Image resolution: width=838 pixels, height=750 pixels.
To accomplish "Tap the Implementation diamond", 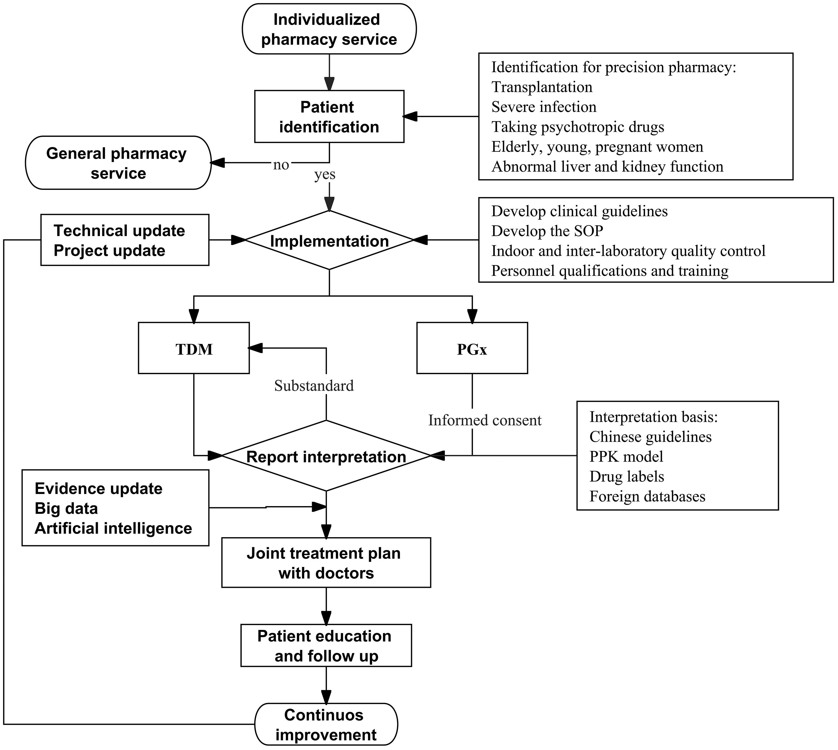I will (x=329, y=241).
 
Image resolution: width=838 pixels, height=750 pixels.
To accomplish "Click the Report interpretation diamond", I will (x=326, y=456).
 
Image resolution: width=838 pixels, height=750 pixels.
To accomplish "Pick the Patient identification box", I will (x=329, y=117).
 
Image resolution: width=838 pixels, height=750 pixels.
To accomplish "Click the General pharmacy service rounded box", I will (x=118, y=163).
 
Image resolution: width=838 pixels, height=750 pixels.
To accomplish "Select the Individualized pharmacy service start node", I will (x=329, y=29).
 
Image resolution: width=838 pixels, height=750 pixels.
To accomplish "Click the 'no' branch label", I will (x=281, y=165).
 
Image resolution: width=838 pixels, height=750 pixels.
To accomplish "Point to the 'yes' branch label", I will (x=325, y=174).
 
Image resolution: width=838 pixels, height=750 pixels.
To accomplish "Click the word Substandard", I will (x=314, y=386).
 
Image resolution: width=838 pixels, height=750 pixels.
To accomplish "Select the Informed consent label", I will (x=484, y=420).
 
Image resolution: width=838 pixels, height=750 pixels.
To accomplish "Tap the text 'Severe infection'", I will (x=544, y=107).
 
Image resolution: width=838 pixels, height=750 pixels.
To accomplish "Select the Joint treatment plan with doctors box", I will (x=326, y=562).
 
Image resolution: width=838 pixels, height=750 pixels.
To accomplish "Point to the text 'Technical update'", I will (x=119, y=230).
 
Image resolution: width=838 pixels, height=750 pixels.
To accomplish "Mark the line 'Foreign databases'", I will (x=647, y=496).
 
